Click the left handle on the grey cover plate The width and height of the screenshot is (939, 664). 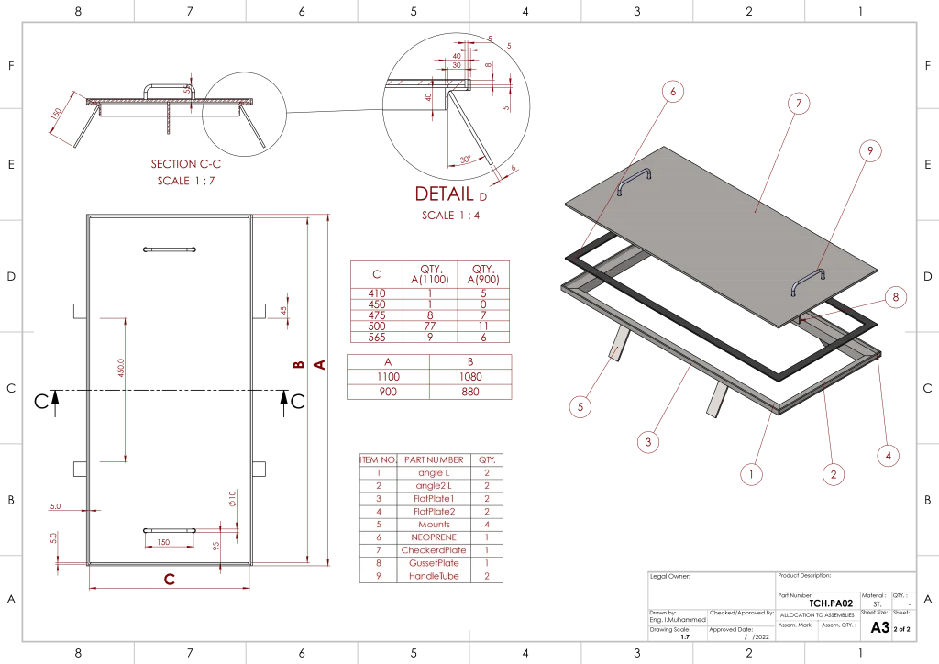[634, 179]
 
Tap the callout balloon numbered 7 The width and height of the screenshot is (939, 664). [800, 104]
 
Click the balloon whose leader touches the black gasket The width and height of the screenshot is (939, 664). [674, 91]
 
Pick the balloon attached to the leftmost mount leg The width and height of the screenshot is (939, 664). [579, 406]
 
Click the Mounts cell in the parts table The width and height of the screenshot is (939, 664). [434, 524]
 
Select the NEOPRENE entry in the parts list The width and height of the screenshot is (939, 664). [434, 537]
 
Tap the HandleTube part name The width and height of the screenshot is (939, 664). [434, 576]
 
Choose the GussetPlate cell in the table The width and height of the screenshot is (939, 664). [434, 563]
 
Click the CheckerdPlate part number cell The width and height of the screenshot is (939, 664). [434, 550]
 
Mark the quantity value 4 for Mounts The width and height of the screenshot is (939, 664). [487, 524]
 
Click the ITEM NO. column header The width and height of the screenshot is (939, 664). [378, 459]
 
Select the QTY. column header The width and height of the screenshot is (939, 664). [487, 459]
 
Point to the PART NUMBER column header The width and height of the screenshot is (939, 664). [434, 459]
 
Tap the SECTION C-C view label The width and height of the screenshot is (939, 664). [186, 164]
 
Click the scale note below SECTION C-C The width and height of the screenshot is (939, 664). [186, 182]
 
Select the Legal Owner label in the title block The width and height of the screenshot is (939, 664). [671, 577]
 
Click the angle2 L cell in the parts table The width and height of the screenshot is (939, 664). [434, 485]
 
